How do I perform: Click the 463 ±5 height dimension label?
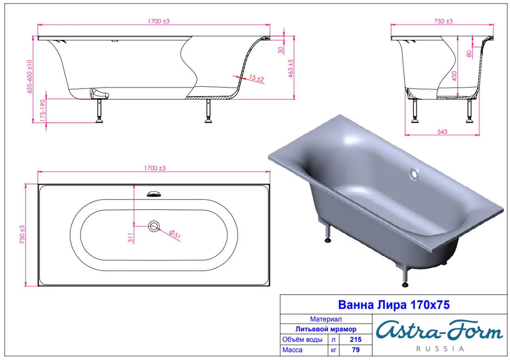click(291, 68)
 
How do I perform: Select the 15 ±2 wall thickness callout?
click(256, 78)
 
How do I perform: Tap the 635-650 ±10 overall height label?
click(30, 77)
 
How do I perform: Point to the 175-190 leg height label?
click(43, 111)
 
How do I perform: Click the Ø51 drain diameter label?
click(175, 234)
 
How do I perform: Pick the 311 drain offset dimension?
click(130, 238)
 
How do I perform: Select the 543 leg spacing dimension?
click(442, 131)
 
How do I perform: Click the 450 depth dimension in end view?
click(454, 76)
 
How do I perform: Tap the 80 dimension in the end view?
click(469, 54)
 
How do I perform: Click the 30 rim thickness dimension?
click(280, 50)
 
